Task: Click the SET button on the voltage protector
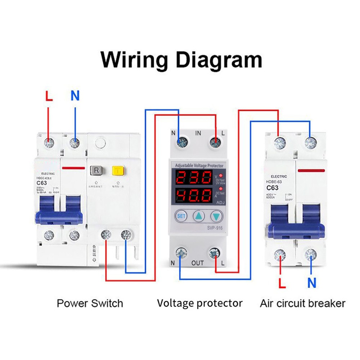(181, 216)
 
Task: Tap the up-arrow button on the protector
(199, 216)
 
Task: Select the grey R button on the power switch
(96, 170)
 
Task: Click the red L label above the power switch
(49, 96)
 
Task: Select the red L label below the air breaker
(282, 283)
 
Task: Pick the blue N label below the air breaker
(312, 283)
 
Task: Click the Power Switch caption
(90, 303)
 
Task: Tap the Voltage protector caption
(199, 303)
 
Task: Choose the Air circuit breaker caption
(302, 303)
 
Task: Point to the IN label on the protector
(198, 133)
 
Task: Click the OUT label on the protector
(198, 263)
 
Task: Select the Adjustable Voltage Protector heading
(199, 165)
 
